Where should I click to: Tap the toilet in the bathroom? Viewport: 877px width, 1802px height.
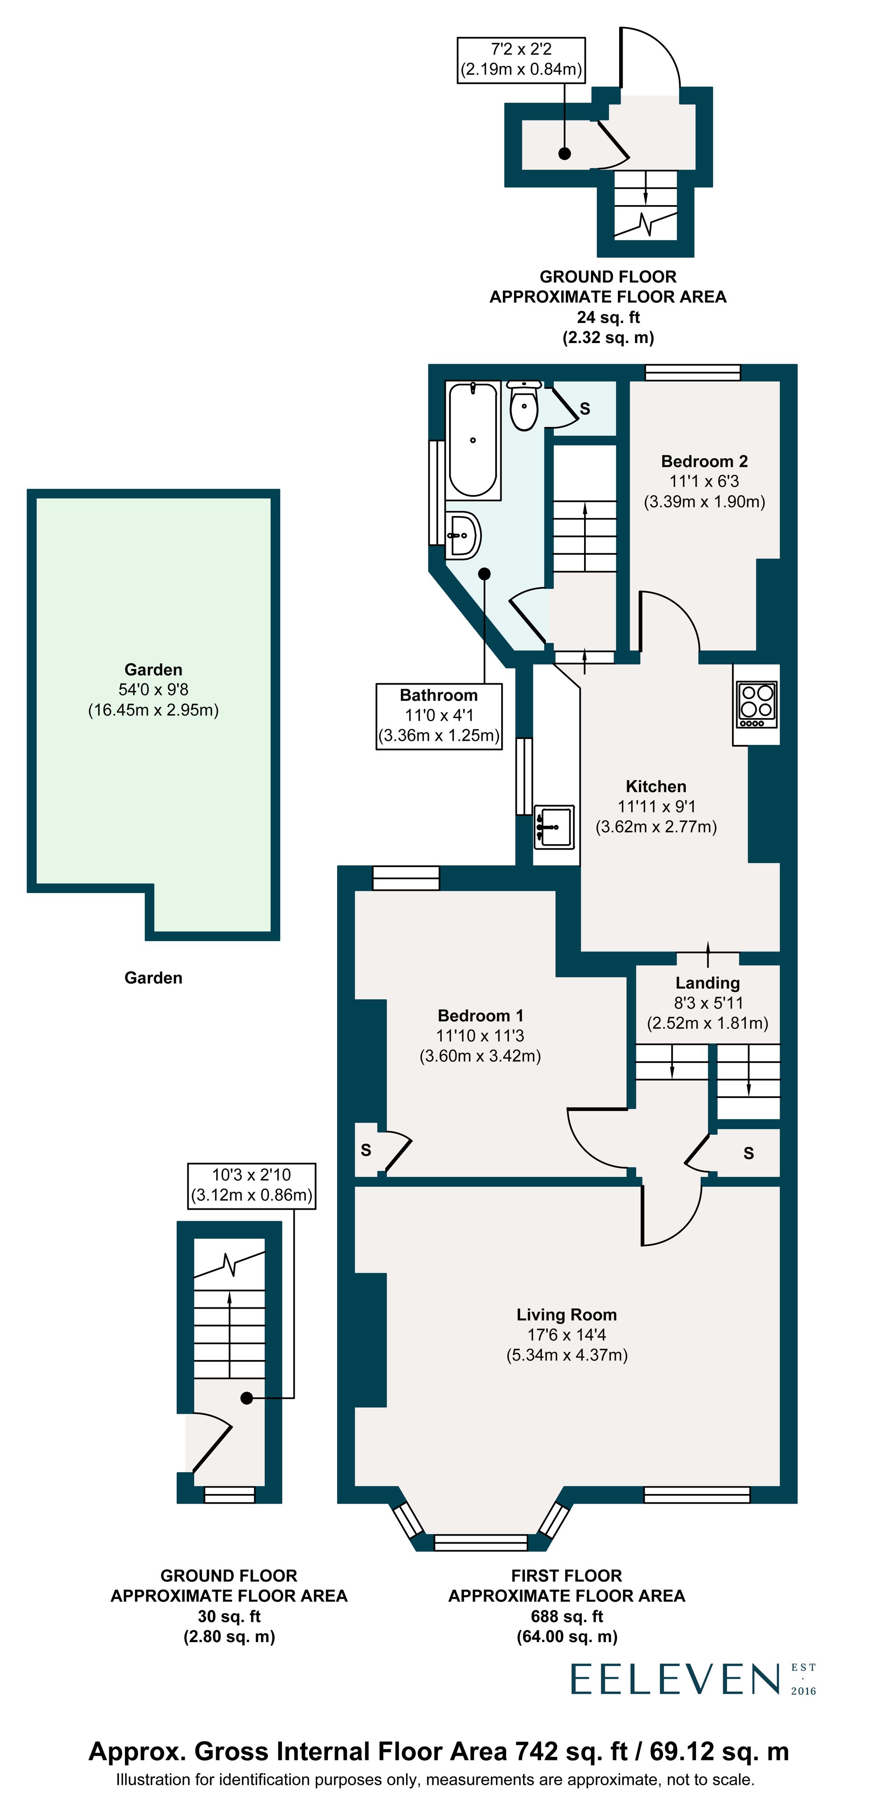pyautogui.click(x=524, y=406)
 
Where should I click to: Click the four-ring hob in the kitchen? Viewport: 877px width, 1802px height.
pyautogui.click(x=756, y=704)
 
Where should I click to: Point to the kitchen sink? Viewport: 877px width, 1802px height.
pyautogui.click(x=554, y=827)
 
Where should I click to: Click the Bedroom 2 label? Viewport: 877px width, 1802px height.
pyautogui.click(x=704, y=461)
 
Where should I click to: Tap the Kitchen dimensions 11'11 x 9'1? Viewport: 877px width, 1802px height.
pyautogui.click(x=656, y=807)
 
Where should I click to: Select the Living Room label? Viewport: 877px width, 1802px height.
pyautogui.click(x=566, y=1314)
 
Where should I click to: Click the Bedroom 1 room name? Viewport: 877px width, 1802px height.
pyautogui.click(x=480, y=1015)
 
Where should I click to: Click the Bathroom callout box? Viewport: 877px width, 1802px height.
pyautogui.click(x=439, y=715)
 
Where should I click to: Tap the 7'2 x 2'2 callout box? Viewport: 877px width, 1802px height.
pyautogui.click(x=521, y=60)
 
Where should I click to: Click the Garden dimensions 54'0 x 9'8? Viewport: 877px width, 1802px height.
pyautogui.click(x=153, y=690)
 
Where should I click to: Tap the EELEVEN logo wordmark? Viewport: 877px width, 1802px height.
pyautogui.click(x=675, y=1679)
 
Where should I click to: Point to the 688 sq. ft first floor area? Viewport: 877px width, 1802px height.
pyautogui.click(x=566, y=1616)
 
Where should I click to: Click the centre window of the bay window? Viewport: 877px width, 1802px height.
pyautogui.click(x=480, y=1541)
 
